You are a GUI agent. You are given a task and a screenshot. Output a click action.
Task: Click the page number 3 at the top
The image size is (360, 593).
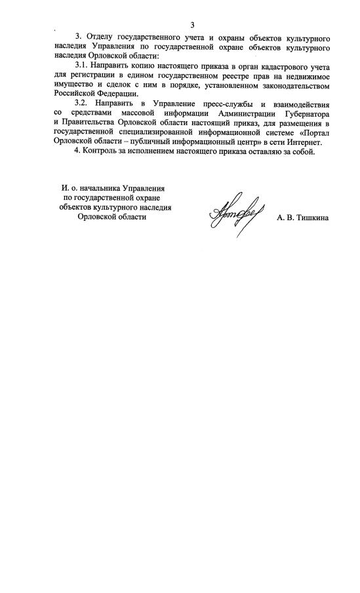point(193,24)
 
